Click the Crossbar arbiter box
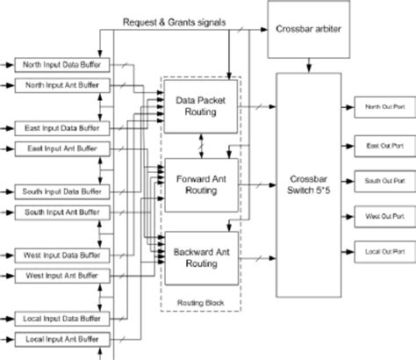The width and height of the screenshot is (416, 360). click(x=307, y=29)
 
